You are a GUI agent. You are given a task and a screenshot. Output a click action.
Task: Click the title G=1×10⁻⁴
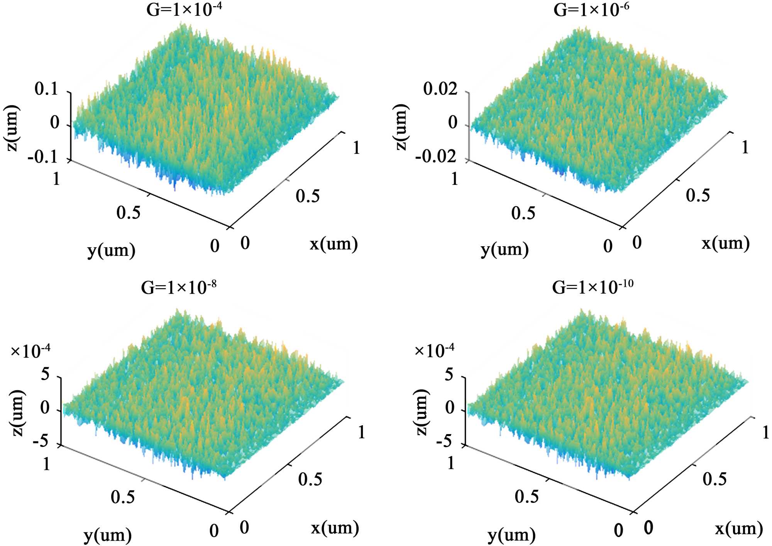click(x=184, y=10)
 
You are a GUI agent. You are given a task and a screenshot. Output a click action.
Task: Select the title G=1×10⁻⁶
click(x=591, y=10)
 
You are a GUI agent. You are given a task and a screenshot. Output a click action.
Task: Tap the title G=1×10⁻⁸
click(x=178, y=287)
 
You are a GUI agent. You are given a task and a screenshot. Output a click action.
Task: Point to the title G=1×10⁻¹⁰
click(x=593, y=287)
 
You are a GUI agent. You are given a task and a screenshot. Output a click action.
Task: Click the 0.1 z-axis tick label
click(x=46, y=89)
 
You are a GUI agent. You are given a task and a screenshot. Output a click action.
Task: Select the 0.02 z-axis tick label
click(x=440, y=89)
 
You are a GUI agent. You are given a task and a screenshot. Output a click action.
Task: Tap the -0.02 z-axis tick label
click(x=436, y=157)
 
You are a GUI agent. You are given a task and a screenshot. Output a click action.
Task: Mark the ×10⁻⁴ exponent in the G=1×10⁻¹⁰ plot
click(x=434, y=350)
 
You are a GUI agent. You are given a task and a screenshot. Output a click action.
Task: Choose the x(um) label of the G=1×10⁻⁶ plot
click(x=725, y=243)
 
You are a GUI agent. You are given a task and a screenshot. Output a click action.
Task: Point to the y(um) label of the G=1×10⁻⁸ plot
click(x=107, y=535)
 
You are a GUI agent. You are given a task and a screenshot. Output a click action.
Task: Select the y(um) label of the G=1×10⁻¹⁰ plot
click(x=511, y=535)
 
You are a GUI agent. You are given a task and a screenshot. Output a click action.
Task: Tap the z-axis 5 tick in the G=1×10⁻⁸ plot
click(x=45, y=374)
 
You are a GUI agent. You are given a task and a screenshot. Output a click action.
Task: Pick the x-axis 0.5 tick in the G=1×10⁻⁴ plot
click(x=308, y=196)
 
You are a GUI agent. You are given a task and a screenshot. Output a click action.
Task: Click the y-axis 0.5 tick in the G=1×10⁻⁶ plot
click(x=523, y=213)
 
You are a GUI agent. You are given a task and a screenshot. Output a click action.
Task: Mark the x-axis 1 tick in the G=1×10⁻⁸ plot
click(x=361, y=432)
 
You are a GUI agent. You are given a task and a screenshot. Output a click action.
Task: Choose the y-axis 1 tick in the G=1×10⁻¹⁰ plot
click(x=451, y=463)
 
